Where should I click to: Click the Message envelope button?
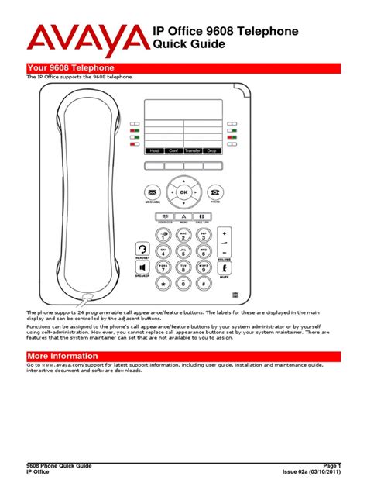(153, 192)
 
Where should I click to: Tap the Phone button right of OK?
(214, 192)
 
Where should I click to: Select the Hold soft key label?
(153, 150)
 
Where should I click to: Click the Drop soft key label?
(211, 150)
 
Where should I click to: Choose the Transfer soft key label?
(192, 150)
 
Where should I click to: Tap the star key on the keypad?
(163, 284)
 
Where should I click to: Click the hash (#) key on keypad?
(204, 284)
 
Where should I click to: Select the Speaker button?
(142, 268)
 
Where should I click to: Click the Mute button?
(224, 268)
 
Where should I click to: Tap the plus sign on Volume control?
(224, 233)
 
